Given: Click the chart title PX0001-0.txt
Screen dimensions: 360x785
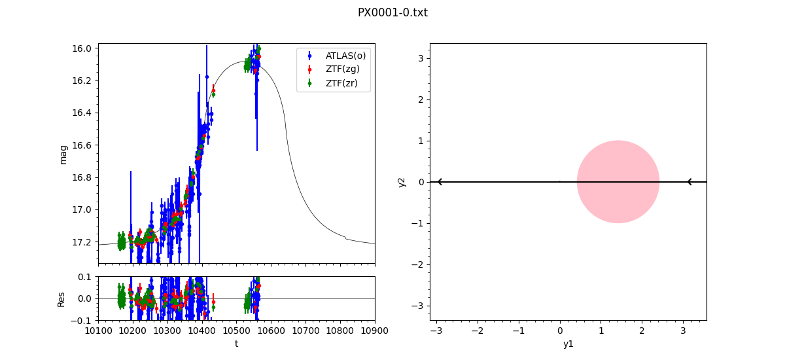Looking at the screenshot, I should (392, 12).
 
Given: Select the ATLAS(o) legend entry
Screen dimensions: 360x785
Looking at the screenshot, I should (345, 56).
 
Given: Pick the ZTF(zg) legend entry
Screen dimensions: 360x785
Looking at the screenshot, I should (342, 69).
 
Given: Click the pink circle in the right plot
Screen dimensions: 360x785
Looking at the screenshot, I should (618, 182).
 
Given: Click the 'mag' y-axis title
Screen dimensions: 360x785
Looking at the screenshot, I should (63, 154).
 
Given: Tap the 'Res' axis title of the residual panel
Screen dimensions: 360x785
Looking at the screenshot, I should (61, 298).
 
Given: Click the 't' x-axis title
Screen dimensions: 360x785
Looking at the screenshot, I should (236, 344).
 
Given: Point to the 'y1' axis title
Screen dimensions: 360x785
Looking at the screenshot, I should (568, 344).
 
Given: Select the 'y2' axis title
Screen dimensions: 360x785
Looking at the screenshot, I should (402, 182).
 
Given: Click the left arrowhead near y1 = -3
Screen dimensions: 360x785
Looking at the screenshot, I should (439, 182).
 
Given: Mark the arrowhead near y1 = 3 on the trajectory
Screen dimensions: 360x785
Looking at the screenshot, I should (689, 182).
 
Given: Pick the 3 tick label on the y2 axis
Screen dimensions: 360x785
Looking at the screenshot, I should (421, 58).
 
